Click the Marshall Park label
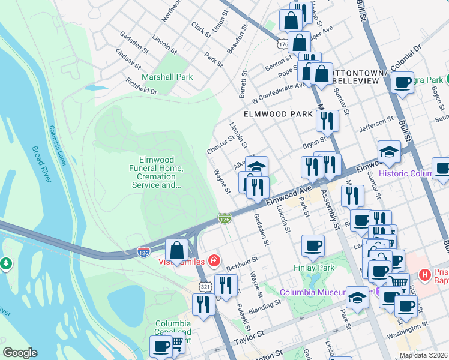(x=167, y=77)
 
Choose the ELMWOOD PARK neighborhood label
(x=278, y=113)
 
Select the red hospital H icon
(x=426, y=275)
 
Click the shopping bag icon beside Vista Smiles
(x=178, y=250)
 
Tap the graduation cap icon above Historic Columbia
(x=389, y=152)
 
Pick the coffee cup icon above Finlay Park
(x=313, y=245)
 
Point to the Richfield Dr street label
(x=141, y=86)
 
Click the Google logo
(x=20, y=352)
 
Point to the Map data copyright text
(x=423, y=355)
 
